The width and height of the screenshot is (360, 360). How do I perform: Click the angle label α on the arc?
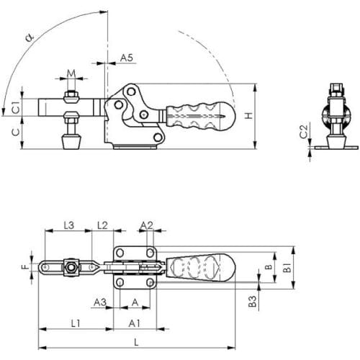click(x=30, y=37)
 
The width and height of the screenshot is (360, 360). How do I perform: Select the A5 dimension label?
click(x=127, y=58)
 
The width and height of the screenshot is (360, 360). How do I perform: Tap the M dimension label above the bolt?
click(x=71, y=73)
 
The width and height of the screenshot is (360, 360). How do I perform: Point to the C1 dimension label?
click(x=16, y=107)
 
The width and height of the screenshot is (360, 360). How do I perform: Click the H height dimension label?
click(x=249, y=115)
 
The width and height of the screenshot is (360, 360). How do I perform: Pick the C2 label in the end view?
click(x=304, y=132)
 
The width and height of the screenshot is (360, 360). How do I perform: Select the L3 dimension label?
click(x=69, y=225)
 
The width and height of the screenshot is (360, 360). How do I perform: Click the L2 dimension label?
click(x=102, y=225)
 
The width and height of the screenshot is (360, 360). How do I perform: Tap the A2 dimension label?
click(x=146, y=225)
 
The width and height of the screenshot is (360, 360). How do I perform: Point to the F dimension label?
click(x=26, y=266)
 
